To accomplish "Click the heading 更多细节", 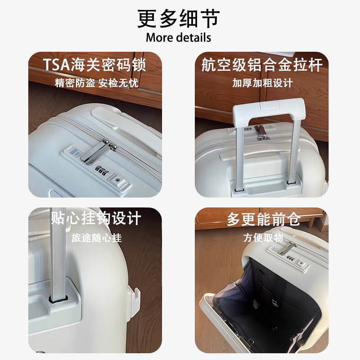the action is click(x=178, y=18).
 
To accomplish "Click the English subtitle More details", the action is click(x=178, y=37).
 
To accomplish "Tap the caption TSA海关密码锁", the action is click(x=94, y=65).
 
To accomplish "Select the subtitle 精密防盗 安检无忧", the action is click(x=96, y=83).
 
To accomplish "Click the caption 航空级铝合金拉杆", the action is click(x=262, y=65).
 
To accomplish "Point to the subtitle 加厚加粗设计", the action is click(x=262, y=83).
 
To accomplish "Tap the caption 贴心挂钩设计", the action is click(x=95, y=218).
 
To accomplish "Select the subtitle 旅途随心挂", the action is click(x=96, y=238).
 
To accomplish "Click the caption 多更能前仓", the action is click(x=264, y=219).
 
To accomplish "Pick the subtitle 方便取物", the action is click(x=263, y=238).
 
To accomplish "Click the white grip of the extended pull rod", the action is click(x=269, y=111).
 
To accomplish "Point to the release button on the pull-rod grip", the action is click(x=270, y=106).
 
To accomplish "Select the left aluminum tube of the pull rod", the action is click(x=240, y=158).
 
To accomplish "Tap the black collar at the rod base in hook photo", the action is click(x=58, y=299).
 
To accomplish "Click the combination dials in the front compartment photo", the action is click(x=290, y=257).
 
